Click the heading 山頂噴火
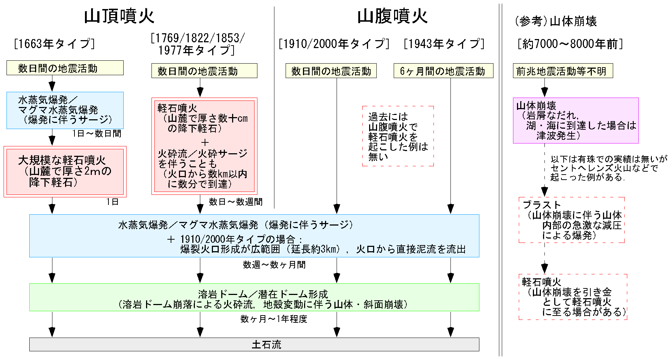(119, 17)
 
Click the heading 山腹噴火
(392, 17)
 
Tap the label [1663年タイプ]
(54, 44)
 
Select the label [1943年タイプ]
(444, 44)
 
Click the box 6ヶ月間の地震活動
(443, 71)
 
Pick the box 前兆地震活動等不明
(563, 71)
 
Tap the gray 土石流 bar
(254, 344)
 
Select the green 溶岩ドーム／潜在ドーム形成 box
(254, 297)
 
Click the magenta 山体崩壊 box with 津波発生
(576, 120)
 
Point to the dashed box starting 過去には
(398, 136)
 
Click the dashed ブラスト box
(572, 220)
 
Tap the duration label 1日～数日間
(97, 134)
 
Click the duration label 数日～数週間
(236, 202)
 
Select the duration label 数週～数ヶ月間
(274, 265)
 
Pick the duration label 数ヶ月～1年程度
(274, 319)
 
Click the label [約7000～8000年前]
(570, 44)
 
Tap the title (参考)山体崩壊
(555, 21)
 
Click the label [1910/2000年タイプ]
(334, 44)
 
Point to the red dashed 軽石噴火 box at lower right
(573, 297)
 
